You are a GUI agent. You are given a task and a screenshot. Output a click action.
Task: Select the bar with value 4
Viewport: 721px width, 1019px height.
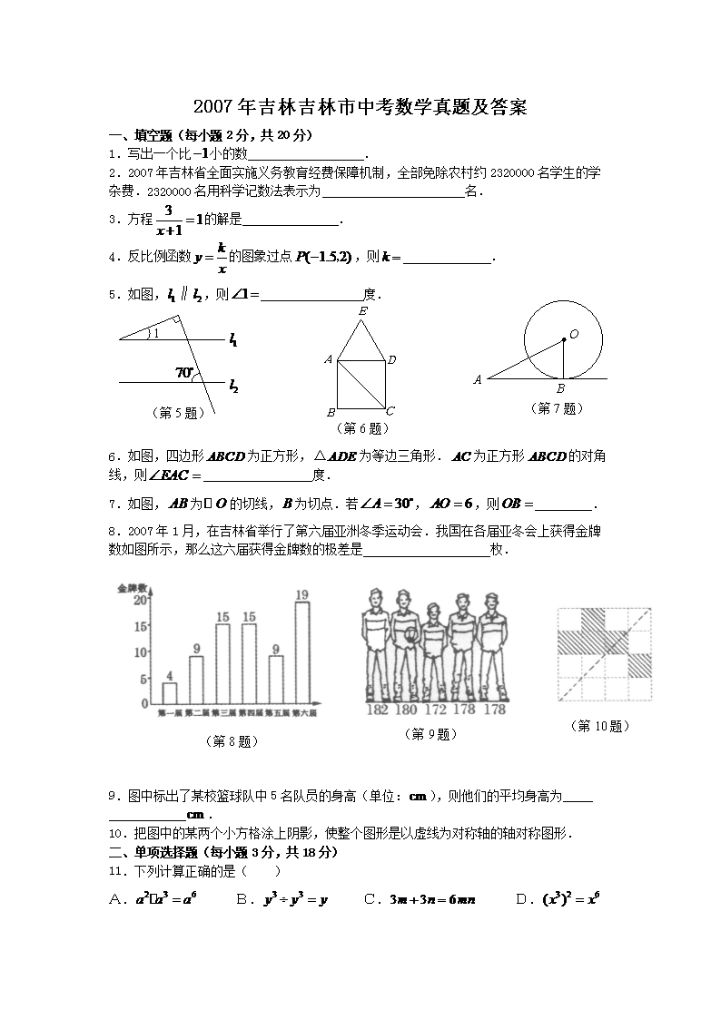(x=170, y=693)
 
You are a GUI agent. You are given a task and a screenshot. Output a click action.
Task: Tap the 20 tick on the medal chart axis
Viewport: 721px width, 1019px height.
(x=141, y=600)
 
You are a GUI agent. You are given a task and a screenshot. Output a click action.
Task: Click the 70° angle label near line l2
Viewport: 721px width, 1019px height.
(x=184, y=372)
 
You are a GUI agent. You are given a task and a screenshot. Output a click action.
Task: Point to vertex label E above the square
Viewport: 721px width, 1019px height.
(x=363, y=311)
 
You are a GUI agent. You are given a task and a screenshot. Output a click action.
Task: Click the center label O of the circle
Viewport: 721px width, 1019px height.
(x=574, y=335)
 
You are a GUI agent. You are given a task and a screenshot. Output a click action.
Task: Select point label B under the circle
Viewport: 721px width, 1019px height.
(x=561, y=388)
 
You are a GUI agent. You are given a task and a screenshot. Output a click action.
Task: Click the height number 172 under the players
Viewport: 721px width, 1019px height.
(x=436, y=710)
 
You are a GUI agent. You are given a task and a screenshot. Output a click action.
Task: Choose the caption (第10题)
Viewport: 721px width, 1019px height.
(x=601, y=726)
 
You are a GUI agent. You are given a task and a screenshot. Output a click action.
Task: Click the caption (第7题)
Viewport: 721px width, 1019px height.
(x=556, y=408)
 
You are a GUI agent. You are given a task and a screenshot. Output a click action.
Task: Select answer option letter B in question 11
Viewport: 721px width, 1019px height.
(x=242, y=899)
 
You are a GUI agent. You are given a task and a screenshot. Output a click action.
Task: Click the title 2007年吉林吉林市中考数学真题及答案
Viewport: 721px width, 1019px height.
(x=361, y=108)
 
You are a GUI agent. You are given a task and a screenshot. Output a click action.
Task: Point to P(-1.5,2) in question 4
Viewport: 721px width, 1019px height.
(x=323, y=258)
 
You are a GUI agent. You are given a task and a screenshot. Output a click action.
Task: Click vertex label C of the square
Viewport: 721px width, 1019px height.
(x=390, y=410)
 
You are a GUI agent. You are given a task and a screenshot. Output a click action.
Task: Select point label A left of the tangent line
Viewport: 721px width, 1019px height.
(x=478, y=380)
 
